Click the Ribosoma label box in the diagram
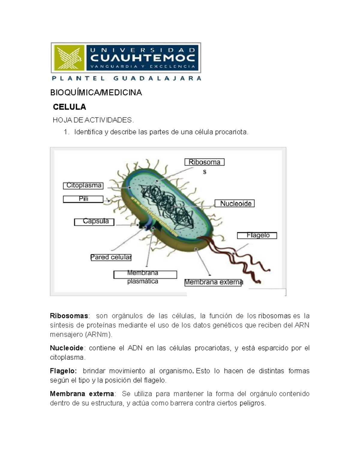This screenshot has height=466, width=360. pyautogui.click(x=204, y=162)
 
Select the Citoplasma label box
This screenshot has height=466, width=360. pyautogui.click(x=83, y=186)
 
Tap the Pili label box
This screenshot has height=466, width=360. pyautogui.click(x=83, y=199)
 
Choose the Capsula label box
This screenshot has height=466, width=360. pyautogui.click(x=94, y=222)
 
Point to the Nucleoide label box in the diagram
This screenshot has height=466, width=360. pyautogui.click(x=235, y=203)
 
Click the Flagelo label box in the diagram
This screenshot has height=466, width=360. pyautogui.click(x=257, y=236)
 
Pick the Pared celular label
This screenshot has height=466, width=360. pyautogui.click(x=111, y=257)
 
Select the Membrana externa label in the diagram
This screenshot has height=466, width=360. pyautogui.click(x=213, y=282)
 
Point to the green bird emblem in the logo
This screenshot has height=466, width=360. pyautogui.click(x=69, y=58)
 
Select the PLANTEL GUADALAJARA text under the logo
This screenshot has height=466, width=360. pyautogui.click(x=126, y=79)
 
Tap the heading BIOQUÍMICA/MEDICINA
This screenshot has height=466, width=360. pyautogui.click(x=96, y=93)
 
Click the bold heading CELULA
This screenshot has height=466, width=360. pyautogui.click(x=69, y=107)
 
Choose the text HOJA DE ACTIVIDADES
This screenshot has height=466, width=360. pyautogui.click(x=93, y=120)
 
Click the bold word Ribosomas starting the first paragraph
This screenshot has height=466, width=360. pyautogui.click(x=69, y=316)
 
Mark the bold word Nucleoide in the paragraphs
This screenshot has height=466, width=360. pyautogui.click(x=67, y=348)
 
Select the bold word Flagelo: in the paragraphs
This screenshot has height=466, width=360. pyautogui.click(x=63, y=371)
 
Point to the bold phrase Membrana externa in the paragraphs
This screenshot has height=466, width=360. pyautogui.click(x=82, y=394)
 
